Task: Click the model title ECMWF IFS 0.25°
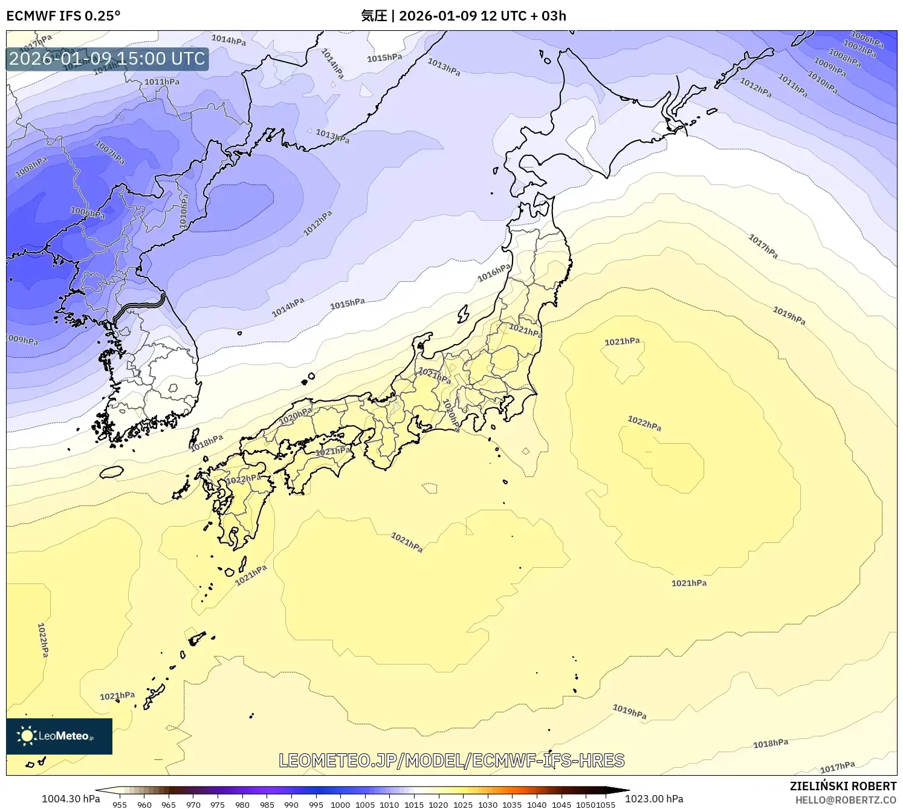(x=63, y=16)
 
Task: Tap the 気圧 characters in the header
(x=374, y=16)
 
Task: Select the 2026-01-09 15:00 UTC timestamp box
(x=107, y=59)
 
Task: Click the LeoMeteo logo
(x=59, y=736)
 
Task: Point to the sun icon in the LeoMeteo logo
(x=27, y=736)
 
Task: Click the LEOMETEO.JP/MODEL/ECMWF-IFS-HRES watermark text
(x=451, y=761)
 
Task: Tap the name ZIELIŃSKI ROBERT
(x=843, y=786)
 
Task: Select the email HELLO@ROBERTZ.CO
(x=845, y=800)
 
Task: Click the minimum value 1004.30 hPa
(x=71, y=799)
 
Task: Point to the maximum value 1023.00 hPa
(x=654, y=799)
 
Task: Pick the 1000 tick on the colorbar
(x=340, y=804)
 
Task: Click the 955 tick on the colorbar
(x=120, y=804)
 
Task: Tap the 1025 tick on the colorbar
(x=463, y=804)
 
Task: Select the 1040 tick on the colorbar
(x=537, y=804)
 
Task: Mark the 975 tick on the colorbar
(x=218, y=804)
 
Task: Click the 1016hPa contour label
(x=494, y=273)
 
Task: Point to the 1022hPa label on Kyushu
(x=244, y=479)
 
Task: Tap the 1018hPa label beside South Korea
(x=207, y=443)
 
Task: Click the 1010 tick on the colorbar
(x=389, y=804)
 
